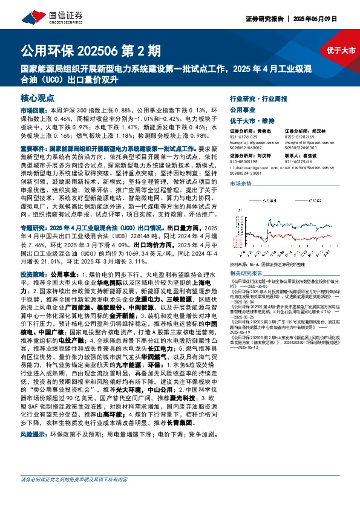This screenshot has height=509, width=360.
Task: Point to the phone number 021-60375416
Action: tap(297, 161)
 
